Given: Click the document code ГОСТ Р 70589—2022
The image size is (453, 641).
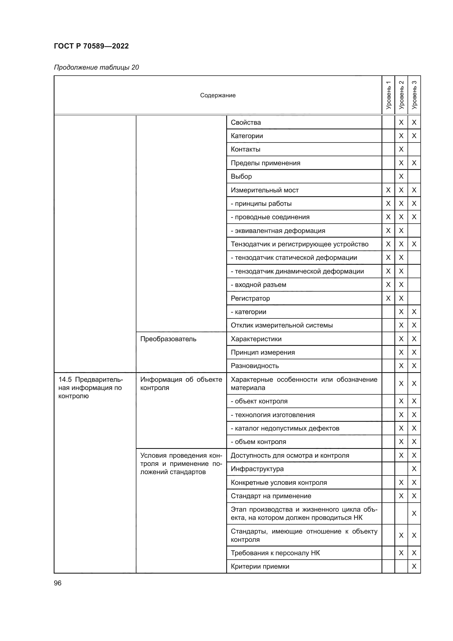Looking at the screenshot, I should (x=91, y=46).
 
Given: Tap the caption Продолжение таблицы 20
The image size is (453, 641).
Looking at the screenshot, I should (x=96, y=67).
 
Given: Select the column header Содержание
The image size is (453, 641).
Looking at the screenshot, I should (x=217, y=95).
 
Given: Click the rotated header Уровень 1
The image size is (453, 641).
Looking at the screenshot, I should (x=388, y=95).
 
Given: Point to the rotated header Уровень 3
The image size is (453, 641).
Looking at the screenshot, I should (x=414, y=95).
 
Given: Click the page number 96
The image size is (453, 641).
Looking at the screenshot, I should (x=58, y=583).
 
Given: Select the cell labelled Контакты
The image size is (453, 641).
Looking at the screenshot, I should (x=245, y=149).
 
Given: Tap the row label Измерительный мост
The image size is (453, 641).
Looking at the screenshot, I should (x=265, y=190).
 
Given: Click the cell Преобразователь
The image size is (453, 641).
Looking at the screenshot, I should (x=168, y=339).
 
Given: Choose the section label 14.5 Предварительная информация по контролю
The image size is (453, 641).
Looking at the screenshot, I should (x=90, y=388).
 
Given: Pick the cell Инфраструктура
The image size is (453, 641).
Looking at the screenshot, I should (x=257, y=469).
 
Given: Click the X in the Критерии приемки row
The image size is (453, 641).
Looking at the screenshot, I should (x=414, y=566).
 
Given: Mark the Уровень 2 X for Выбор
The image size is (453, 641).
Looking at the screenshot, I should (x=401, y=176).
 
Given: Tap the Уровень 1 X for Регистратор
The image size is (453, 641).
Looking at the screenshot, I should (x=388, y=298).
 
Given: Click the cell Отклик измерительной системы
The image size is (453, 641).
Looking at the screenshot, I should (x=282, y=325).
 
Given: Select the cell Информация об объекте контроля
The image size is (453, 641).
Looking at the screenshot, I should (x=181, y=383).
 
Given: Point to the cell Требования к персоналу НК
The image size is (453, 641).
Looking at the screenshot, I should (x=275, y=553).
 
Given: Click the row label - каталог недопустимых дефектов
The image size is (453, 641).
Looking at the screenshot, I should (x=285, y=428).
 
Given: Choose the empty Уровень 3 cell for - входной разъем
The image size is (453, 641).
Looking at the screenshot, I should (x=414, y=285).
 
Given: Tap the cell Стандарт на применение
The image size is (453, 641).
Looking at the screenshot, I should (x=271, y=496).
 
